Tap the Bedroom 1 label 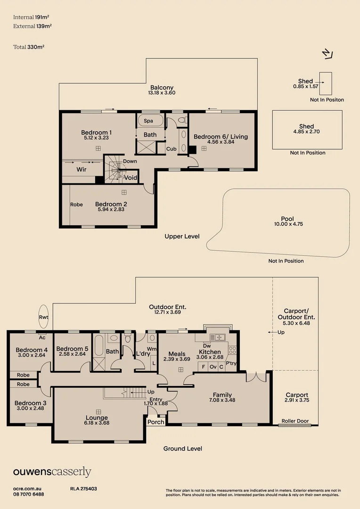(97, 132)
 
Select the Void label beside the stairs (131, 178)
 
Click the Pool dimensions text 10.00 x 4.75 (288, 224)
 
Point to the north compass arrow (327, 54)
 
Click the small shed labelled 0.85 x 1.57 (326, 83)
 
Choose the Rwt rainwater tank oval (43, 317)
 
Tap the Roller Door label (295, 421)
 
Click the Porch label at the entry (156, 422)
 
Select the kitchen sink (218, 337)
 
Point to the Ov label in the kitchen (213, 367)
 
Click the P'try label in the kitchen (231, 363)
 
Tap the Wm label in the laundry (152, 349)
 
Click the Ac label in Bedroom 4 (42, 337)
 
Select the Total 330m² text (29, 47)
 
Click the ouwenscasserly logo (52, 472)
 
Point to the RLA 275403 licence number (83, 489)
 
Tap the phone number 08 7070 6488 (29, 494)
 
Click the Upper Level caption (182, 236)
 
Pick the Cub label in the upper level (172, 149)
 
